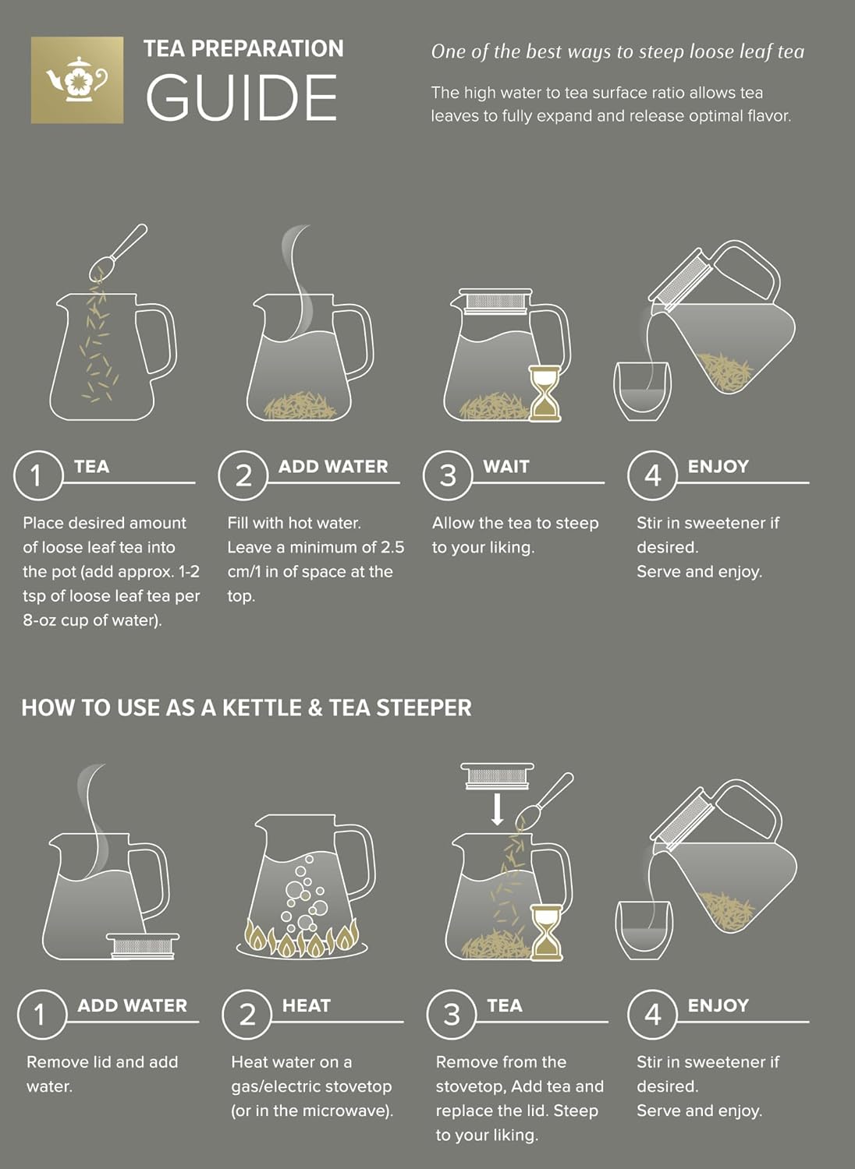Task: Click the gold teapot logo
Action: point(77,79)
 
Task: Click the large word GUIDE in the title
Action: point(242,98)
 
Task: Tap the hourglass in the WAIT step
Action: point(545,394)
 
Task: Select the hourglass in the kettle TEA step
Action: point(546,931)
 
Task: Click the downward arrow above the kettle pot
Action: point(497,809)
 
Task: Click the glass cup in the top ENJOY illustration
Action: point(642,391)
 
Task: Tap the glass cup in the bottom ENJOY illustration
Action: point(644,931)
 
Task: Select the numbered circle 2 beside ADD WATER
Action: point(243,475)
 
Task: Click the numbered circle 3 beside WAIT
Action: point(448,475)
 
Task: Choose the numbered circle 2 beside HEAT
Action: point(247,1015)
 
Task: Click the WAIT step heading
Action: point(506,467)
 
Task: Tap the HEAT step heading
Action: point(306,1006)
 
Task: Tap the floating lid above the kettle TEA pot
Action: point(497,775)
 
